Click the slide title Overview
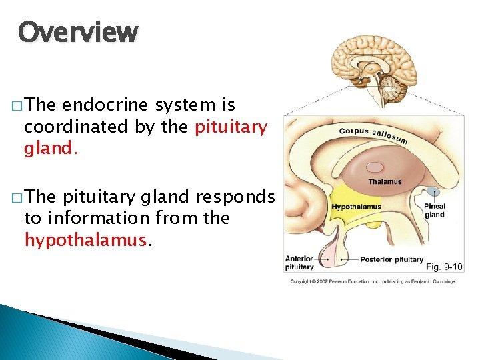(78, 32)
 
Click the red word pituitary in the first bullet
(231, 127)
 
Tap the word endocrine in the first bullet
(107, 105)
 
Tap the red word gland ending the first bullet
(50, 149)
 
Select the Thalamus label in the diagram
(385, 181)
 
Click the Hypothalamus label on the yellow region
(356, 207)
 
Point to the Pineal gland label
(434, 211)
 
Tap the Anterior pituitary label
(299, 263)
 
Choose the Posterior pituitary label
(391, 259)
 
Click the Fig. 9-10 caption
(444, 267)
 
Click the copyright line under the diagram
(373, 281)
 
